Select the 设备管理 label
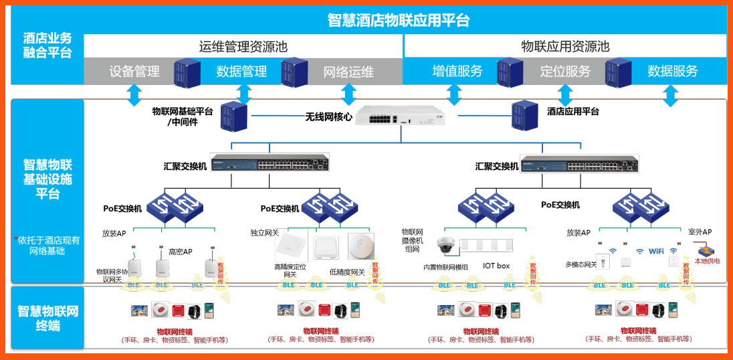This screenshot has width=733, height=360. click(x=134, y=72)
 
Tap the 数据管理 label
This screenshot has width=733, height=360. click(x=241, y=72)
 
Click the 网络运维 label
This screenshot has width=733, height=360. click(x=348, y=72)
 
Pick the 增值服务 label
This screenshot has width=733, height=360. click(x=457, y=71)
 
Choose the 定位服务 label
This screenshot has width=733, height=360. click(x=565, y=71)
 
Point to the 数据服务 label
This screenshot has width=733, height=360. click(x=672, y=71)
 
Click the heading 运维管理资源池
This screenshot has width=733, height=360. click(x=243, y=47)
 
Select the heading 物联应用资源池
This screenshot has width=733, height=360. click(x=565, y=47)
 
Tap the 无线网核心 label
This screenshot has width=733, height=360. click(x=328, y=117)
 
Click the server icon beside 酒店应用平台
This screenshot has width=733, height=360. click(x=525, y=114)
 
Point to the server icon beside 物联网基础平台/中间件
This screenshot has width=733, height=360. click(x=233, y=116)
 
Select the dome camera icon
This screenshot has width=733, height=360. click(x=445, y=246)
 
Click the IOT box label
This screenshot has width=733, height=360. click(x=496, y=266)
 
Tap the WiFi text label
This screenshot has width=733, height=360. click(x=656, y=251)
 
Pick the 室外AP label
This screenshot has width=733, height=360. click(x=700, y=232)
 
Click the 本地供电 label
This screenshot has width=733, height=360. click(x=707, y=261)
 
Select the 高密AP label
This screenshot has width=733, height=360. click(x=180, y=252)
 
